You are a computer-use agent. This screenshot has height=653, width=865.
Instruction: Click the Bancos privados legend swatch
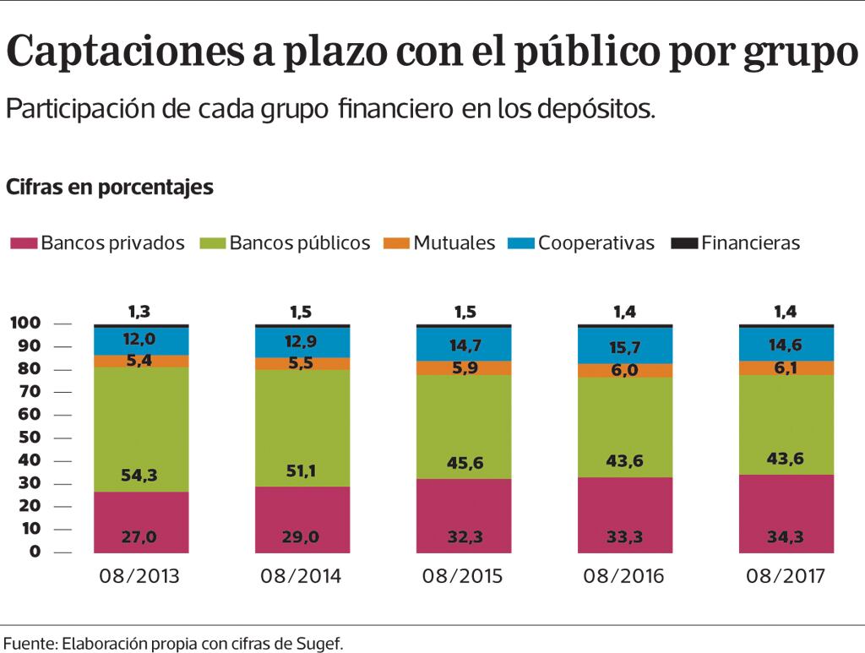pos(24,243)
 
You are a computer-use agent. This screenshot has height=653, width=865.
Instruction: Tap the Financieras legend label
pos(750,243)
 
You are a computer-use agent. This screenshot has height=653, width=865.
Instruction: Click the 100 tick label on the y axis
pos(25,324)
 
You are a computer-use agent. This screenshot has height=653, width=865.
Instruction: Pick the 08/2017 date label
pos(786,577)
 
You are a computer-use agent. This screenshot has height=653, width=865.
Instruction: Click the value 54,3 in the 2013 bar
pos(141,475)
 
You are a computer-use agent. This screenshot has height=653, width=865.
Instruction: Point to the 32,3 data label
pos(463,535)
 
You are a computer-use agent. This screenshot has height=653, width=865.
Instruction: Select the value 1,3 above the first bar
pos(141,312)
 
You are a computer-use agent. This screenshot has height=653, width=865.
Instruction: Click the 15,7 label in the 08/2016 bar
pos(625,348)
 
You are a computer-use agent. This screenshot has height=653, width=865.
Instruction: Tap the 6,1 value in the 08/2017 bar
pos(786,367)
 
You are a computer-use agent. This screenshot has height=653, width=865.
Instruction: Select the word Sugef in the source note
pos(321,643)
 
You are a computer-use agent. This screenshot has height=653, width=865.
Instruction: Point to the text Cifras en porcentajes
pos(110,188)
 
